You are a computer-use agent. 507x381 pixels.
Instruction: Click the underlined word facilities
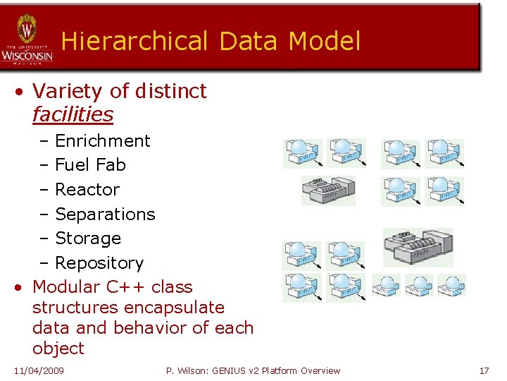point(73,114)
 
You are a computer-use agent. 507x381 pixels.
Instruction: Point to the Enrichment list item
point(102,141)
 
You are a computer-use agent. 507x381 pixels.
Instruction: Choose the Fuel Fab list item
point(90,165)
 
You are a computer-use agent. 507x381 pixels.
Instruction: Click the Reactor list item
point(87,190)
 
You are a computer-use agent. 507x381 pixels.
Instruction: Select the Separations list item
point(105,214)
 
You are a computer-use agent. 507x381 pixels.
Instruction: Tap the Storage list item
point(88,238)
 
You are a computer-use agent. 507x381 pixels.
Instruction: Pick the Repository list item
point(99,263)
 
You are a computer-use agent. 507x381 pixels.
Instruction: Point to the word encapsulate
point(174,308)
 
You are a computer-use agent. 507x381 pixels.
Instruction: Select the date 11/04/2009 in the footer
point(39,370)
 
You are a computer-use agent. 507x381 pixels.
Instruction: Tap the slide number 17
point(484,370)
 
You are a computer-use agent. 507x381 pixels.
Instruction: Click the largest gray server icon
point(418,246)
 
